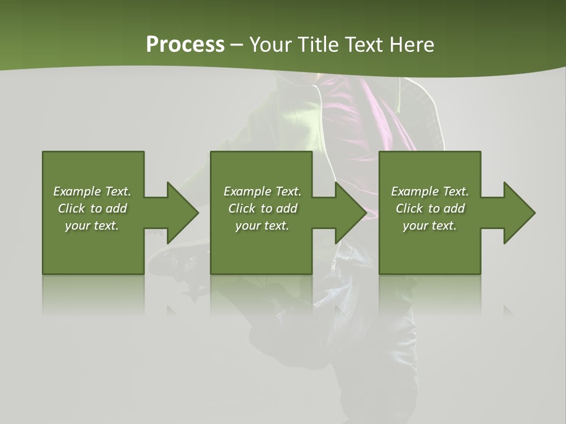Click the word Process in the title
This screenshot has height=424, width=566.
185,45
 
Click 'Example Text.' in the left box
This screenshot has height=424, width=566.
92,191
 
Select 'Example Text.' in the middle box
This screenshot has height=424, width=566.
262,191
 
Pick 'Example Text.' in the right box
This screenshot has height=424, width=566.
430,191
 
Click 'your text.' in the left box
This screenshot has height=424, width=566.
92,226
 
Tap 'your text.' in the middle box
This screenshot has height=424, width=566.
262,226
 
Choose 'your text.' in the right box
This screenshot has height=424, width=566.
430,226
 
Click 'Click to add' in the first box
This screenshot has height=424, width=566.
92,208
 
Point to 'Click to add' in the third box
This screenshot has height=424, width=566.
430,208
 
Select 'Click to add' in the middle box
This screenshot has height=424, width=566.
262,208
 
